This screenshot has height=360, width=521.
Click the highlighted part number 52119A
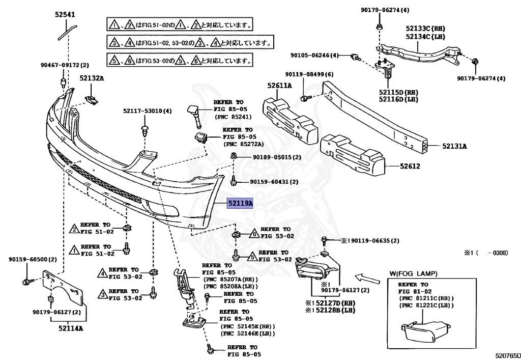240,203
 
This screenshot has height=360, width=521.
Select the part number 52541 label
66,15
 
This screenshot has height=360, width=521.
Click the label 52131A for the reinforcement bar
454,146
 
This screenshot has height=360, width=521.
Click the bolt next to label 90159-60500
26,281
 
